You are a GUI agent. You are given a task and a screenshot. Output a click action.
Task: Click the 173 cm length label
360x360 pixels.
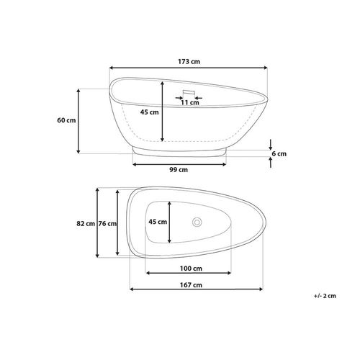point(189,62)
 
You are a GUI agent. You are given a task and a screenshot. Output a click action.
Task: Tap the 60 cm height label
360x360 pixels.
point(66,120)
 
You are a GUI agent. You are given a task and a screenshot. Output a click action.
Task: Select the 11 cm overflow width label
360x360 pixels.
point(190,103)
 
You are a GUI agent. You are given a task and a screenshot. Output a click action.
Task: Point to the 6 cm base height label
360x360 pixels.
point(279,153)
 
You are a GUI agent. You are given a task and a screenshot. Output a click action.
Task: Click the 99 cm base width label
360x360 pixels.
point(179,170)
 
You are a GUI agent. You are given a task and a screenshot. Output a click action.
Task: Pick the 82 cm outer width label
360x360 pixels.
point(86,224)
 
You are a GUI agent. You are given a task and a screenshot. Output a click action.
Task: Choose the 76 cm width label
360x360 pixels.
point(107,224)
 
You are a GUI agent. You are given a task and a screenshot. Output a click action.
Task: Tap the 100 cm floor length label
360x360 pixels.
point(191,269)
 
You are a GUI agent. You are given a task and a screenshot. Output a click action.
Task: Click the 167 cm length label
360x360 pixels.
point(191,285)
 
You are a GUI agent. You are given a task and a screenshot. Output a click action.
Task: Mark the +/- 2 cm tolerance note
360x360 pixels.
point(325,296)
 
